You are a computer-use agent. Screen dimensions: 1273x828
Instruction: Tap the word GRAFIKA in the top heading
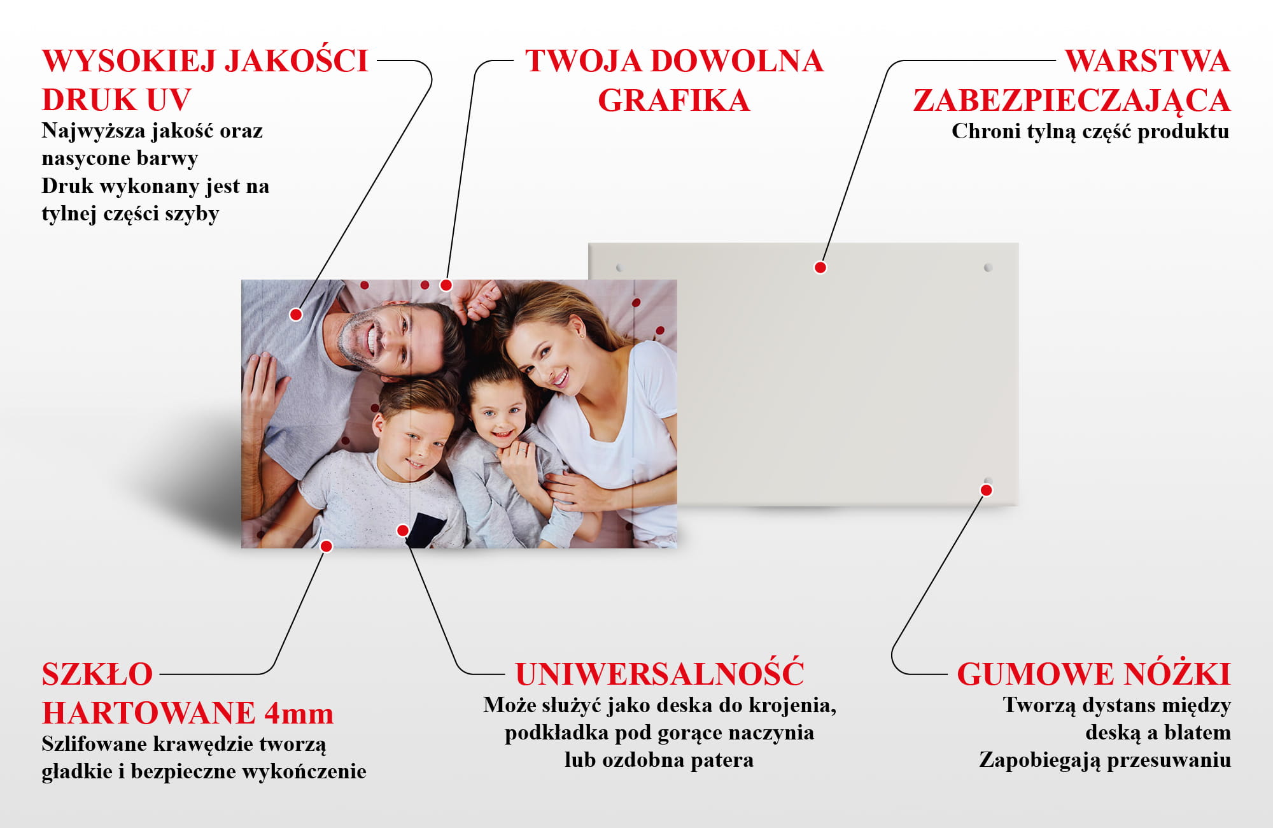click(674, 101)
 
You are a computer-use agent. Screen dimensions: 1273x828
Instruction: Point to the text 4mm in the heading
click(299, 713)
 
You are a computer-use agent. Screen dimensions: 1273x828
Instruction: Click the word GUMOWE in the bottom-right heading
click(1035, 675)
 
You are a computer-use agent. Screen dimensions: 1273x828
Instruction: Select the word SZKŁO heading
click(97, 675)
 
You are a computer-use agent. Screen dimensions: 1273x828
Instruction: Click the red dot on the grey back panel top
click(820, 268)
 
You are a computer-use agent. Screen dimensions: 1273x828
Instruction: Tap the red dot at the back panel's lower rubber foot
click(987, 490)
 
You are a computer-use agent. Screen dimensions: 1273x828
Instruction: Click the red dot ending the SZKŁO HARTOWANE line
click(327, 546)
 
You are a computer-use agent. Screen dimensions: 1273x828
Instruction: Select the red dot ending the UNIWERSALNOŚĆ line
click(403, 530)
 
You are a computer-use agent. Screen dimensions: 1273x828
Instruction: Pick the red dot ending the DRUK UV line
click(296, 314)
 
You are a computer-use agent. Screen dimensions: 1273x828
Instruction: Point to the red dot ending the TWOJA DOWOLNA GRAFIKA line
click(446, 285)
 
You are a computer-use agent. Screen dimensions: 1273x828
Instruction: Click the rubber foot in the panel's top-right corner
click(988, 268)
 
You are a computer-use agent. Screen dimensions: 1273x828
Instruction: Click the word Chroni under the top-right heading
click(978, 131)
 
